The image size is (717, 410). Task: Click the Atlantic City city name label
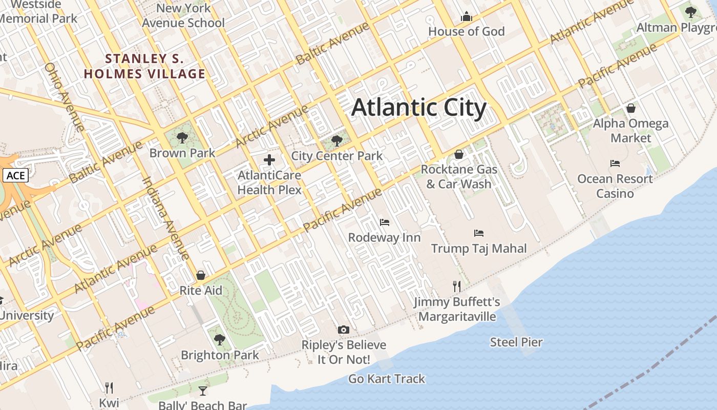[418, 108]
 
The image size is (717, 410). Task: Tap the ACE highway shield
[15, 176]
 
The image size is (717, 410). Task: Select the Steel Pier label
[516, 342]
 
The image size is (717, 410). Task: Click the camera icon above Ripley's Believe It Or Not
[344, 330]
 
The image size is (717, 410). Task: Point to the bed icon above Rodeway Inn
[384, 222]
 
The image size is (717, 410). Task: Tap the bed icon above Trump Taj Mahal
[479, 233]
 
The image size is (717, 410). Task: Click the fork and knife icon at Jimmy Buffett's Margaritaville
[457, 286]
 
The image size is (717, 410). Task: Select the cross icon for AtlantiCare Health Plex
[269, 160]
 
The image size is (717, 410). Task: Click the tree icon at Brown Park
[182, 138]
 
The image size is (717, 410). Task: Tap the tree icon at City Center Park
[336, 140]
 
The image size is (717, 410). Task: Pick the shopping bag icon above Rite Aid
[201, 275]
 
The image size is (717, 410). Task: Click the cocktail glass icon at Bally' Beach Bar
[203, 391]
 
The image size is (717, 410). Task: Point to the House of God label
[466, 31]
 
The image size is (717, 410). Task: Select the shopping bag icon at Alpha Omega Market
[631, 108]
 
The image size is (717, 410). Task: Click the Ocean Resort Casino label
[615, 186]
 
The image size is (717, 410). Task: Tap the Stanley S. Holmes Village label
[144, 66]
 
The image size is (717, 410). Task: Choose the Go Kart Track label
[387, 379]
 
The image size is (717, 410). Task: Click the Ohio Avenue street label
[64, 97]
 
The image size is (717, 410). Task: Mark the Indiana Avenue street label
[165, 218]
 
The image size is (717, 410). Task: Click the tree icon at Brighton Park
[220, 339]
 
